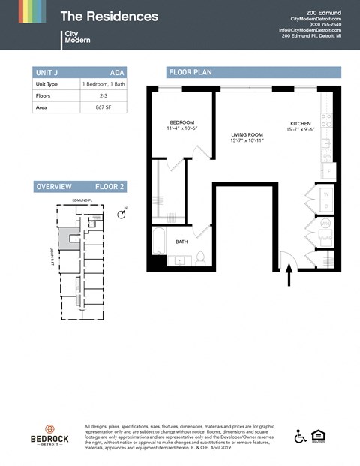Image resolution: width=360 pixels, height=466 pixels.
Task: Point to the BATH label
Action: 181,242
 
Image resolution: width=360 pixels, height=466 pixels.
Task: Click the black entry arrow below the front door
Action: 289,277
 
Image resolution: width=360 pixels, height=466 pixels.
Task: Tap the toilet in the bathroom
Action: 200,258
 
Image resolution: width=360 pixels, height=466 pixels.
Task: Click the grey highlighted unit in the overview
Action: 70,239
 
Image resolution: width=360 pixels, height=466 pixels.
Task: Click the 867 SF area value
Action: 103,107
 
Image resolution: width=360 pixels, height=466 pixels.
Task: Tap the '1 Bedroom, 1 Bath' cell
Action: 103,84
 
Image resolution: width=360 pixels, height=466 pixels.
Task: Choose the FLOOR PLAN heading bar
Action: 253,72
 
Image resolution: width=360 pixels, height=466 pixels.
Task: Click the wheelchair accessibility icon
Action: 300,436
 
